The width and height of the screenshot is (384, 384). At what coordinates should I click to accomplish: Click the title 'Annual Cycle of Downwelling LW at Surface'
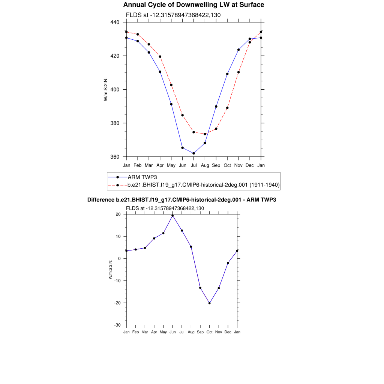193,5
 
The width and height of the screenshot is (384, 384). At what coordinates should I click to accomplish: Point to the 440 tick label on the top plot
115,22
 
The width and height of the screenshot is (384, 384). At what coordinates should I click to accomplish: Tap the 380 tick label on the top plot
115,123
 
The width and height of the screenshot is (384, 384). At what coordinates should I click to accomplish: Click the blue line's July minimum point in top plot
193,153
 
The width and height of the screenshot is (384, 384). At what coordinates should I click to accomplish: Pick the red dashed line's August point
205,134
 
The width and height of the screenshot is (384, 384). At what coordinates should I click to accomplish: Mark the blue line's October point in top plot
227,74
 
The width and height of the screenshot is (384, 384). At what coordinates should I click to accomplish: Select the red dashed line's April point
160,57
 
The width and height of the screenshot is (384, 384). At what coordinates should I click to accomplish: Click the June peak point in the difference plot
172,216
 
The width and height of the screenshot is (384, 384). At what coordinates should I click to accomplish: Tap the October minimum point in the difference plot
210,303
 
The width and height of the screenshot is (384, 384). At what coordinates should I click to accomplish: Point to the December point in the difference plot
228,263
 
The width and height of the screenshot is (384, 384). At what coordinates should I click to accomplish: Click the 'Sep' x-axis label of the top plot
216,165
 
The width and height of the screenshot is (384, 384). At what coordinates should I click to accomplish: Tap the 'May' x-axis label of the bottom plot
163,332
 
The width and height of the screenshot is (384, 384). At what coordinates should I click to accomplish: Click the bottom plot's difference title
181,200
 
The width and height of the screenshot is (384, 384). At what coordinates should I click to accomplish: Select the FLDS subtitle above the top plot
173,15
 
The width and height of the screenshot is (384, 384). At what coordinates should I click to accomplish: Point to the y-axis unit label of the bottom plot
110,270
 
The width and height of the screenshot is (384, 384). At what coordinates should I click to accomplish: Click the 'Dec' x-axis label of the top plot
250,165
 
